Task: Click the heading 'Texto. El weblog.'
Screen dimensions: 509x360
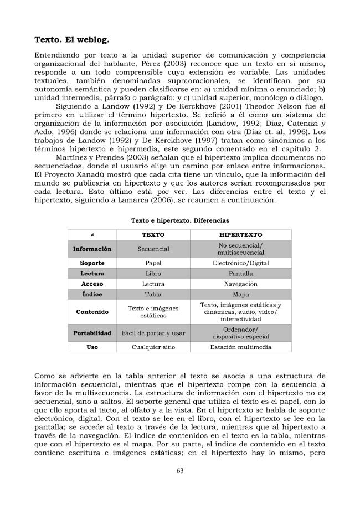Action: (x=72, y=40)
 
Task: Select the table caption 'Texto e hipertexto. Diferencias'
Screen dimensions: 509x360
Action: (x=179, y=220)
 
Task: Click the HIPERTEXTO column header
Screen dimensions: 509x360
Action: (x=240, y=235)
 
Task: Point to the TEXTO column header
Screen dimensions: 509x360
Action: (x=153, y=235)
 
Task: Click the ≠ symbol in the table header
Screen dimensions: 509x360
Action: (x=92, y=235)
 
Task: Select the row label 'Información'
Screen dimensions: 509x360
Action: (x=92, y=249)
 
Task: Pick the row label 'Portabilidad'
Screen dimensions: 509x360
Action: (x=92, y=333)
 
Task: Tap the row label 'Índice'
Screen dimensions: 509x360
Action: (x=92, y=294)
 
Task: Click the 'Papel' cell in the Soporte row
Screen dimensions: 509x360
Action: (x=153, y=263)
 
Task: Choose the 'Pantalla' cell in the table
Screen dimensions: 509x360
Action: (x=240, y=274)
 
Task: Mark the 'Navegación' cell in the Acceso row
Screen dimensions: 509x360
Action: (x=240, y=284)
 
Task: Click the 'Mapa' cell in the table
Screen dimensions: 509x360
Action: (x=240, y=294)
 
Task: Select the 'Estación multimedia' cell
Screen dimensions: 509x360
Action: (x=240, y=347)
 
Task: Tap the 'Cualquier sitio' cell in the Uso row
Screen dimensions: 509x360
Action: (x=153, y=347)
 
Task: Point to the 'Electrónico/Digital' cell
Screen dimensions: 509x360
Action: (x=240, y=263)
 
